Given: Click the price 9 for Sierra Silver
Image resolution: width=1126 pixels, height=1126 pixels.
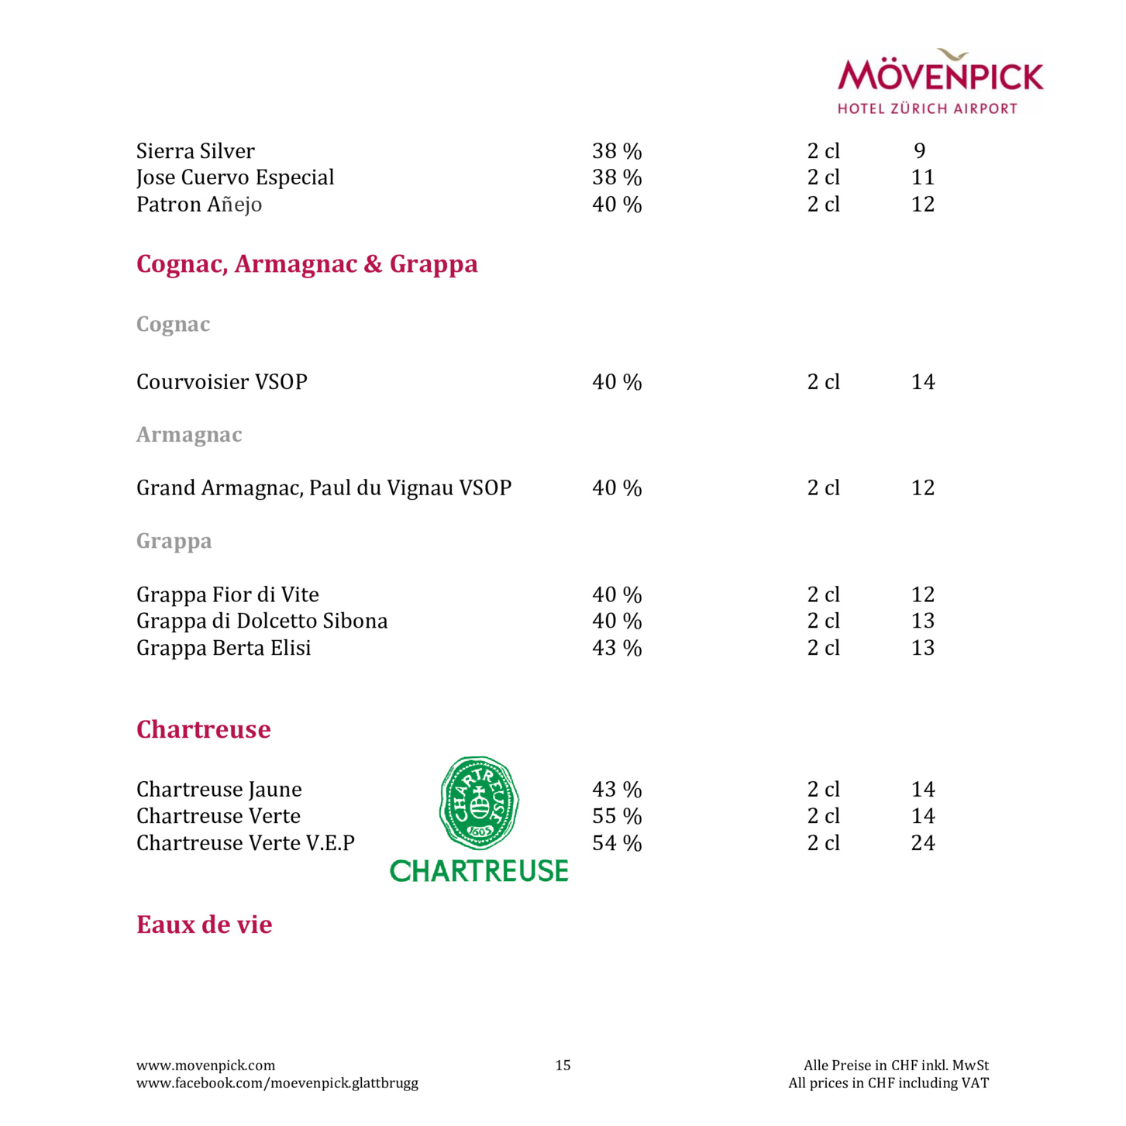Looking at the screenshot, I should click(x=920, y=151).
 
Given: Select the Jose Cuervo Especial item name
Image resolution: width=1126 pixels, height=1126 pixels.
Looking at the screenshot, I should click(x=235, y=177).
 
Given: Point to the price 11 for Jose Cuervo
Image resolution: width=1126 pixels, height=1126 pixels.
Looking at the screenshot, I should click(x=923, y=177).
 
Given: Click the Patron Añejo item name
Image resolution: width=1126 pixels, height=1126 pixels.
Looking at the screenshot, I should click(x=199, y=205).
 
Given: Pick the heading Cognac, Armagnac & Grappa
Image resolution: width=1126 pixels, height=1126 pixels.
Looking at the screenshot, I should click(x=307, y=264).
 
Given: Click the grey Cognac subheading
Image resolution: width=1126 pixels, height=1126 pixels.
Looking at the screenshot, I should click(x=173, y=324).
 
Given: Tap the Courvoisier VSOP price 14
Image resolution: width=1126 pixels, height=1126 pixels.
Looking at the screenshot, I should click(x=923, y=382).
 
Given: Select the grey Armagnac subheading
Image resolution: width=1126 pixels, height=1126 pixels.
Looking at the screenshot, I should click(x=189, y=435).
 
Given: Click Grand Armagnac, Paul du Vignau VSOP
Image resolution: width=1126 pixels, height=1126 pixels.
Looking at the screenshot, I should click(x=324, y=488).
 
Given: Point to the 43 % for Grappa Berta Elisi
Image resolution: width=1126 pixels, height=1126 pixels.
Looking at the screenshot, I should click(x=617, y=648).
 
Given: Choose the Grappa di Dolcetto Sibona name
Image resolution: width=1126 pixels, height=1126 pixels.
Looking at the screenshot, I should click(x=262, y=621).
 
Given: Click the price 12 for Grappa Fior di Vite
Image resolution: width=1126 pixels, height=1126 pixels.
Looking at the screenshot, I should click(x=923, y=594).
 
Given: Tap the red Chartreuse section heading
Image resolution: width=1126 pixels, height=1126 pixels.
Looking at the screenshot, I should click(x=204, y=729).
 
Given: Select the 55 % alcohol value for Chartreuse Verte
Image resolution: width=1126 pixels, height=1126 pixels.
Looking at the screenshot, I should click(x=617, y=816).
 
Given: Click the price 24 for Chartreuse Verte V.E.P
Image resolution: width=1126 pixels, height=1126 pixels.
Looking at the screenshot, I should click(x=923, y=843).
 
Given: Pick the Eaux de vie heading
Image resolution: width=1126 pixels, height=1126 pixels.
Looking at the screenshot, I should click(x=205, y=925).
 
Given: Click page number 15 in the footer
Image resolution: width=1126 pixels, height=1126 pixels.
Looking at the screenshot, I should click(x=563, y=1066).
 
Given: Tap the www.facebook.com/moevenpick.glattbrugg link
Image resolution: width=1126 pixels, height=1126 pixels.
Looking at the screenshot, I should click(x=277, y=1083).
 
